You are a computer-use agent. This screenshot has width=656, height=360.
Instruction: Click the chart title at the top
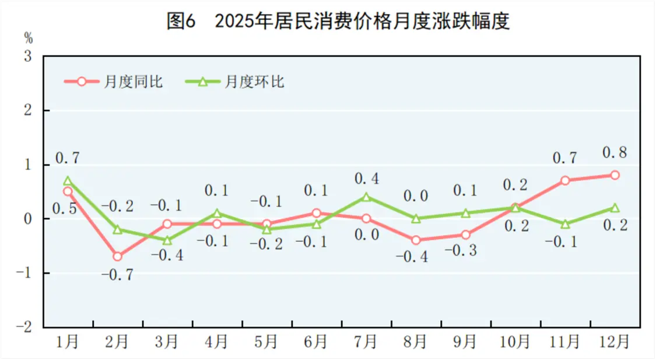pos(338,22)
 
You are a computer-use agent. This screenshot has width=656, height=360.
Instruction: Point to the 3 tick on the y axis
pos(27,57)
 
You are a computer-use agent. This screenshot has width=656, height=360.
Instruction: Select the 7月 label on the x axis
pos(366,342)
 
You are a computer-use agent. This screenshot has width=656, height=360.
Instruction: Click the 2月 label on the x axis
pos(117,342)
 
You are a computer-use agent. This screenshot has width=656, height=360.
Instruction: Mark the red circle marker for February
pos(118,256)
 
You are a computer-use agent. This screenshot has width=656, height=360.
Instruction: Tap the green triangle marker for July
pos(366,197)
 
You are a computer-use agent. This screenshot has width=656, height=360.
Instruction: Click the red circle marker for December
pos(615,175)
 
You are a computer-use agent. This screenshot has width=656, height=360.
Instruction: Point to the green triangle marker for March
pos(167,240)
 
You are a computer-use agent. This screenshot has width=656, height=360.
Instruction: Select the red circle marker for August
pos(416,240)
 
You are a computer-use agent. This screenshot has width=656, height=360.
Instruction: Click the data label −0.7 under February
pos(117,275)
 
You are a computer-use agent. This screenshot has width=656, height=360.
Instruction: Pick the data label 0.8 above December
pos(615,153)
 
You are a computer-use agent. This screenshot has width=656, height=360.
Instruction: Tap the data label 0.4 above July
pos(366,179)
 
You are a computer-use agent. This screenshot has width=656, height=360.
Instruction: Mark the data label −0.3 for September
pos(465,251)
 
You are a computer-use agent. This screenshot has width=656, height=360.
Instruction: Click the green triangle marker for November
pos(565,223)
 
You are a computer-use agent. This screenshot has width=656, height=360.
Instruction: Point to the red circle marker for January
pos(68,191)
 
